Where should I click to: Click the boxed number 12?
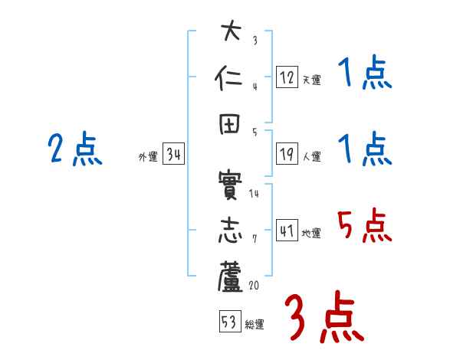[x=287, y=77]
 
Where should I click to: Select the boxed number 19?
[x=287, y=154]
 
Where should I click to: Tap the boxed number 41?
[x=287, y=231]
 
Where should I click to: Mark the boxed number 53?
[x=229, y=322]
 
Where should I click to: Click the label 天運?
[x=311, y=80]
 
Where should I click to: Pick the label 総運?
[x=255, y=325]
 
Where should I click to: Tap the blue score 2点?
[x=75, y=149]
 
